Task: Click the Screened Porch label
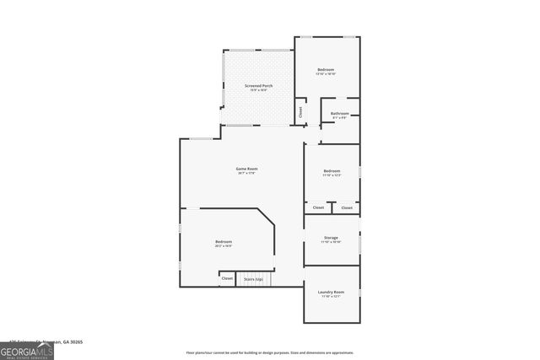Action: pyautogui.click(x=258, y=86)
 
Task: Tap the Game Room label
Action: pyautogui.click(x=246, y=169)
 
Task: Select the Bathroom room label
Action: pyautogui.click(x=340, y=113)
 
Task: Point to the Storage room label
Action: pyautogui.click(x=332, y=238)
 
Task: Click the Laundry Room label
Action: pyautogui.click(x=331, y=292)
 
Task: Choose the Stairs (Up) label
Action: pyautogui.click(x=253, y=278)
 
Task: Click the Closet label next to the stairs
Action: pyautogui.click(x=227, y=278)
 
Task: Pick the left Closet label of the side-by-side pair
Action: pyautogui.click(x=318, y=207)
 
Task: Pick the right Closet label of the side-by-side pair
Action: pyautogui.click(x=347, y=207)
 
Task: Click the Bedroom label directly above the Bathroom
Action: pyautogui.click(x=326, y=69)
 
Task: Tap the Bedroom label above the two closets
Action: pyautogui.click(x=332, y=171)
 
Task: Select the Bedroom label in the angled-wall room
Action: pyautogui.click(x=224, y=242)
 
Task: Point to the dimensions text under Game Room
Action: pyautogui.click(x=246, y=174)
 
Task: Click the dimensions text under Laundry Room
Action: pyautogui.click(x=331, y=297)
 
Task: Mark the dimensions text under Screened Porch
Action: pyautogui.click(x=258, y=91)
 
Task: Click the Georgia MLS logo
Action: pyautogui.click(x=27, y=348)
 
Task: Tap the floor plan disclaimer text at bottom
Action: pyautogui.click(x=270, y=352)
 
